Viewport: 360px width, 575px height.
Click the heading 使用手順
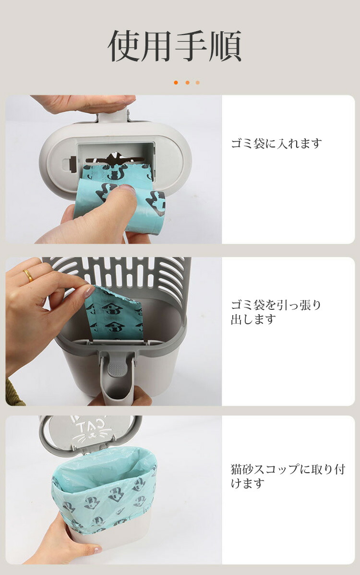(x=175, y=46)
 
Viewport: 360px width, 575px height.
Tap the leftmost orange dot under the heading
(x=176, y=83)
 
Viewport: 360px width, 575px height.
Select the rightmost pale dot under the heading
(x=198, y=83)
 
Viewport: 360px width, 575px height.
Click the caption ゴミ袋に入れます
(x=276, y=143)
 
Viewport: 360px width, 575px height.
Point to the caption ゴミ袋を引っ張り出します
(x=276, y=312)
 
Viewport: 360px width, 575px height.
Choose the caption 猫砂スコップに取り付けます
(x=288, y=476)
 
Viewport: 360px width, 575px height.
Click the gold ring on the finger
(x=28, y=275)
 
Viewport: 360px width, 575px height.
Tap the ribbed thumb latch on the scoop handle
(x=116, y=369)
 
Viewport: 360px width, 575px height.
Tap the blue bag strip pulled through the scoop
(x=114, y=314)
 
